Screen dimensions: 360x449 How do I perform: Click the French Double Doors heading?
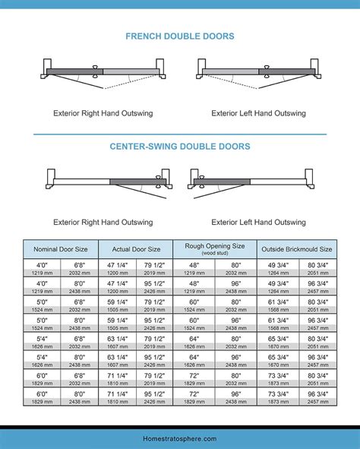click(179, 36)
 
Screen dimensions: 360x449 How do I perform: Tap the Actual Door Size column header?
click(137, 248)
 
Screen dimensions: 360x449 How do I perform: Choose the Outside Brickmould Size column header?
click(297, 248)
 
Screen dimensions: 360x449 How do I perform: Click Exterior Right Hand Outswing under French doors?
click(103, 113)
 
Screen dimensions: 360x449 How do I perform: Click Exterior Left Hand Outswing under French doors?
click(258, 113)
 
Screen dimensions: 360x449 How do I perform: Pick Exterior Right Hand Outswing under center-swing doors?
click(103, 223)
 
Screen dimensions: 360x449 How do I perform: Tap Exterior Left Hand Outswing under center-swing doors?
click(258, 223)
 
